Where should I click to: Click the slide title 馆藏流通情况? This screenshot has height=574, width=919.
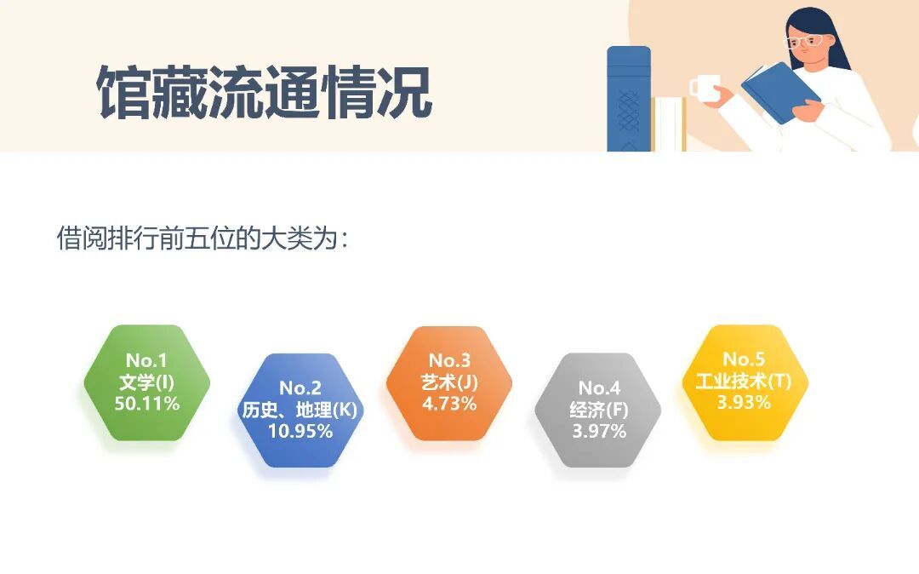tap(265, 93)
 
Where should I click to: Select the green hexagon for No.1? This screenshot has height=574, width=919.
tap(147, 382)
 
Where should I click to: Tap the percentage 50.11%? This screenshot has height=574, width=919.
tap(147, 404)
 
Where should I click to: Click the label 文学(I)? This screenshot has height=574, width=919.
tap(147, 382)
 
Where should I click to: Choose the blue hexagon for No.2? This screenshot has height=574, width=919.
tap(300, 410)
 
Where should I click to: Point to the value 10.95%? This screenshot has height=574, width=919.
tap(300, 431)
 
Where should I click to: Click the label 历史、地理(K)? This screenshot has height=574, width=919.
tap(300, 410)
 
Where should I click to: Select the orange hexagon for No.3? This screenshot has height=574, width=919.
tap(449, 382)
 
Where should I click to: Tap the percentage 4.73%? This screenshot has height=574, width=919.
tap(449, 404)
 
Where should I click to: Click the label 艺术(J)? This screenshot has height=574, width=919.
tap(449, 382)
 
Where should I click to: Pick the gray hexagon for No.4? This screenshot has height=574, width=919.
tap(598, 410)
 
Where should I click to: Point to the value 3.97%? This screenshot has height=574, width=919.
tap(599, 431)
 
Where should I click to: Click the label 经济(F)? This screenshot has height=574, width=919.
tap(599, 410)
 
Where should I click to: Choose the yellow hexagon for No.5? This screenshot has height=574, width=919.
tap(745, 382)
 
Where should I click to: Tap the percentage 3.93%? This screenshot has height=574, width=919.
tap(744, 402)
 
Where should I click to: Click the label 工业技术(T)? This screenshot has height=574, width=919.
tap(744, 381)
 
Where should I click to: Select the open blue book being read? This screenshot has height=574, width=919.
tap(780, 92)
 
